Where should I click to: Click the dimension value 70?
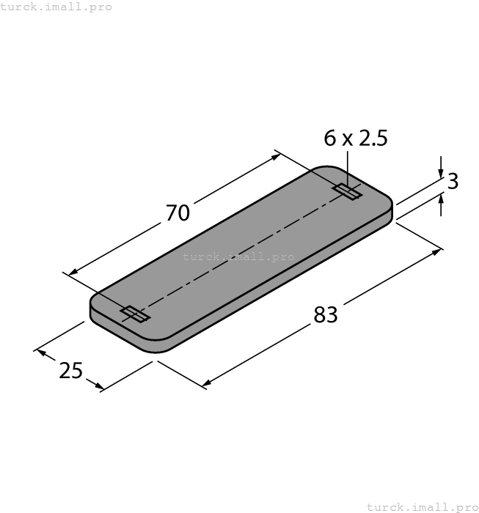(x=178, y=213)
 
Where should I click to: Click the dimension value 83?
(x=326, y=314)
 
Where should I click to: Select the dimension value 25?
(x=71, y=371)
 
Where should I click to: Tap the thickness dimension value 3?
(x=453, y=182)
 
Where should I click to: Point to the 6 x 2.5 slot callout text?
(x=355, y=138)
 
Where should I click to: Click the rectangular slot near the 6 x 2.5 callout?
(x=347, y=192)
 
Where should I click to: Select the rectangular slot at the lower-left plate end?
(x=135, y=314)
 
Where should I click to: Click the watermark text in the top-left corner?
(x=56, y=7)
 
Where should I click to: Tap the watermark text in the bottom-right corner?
(x=422, y=506)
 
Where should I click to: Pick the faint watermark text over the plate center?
(x=238, y=256)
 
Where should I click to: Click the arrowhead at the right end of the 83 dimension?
(x=438, y=252)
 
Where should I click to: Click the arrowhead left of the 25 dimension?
(x=41, y=353)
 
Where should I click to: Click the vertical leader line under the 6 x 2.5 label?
(x=348, y=165)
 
